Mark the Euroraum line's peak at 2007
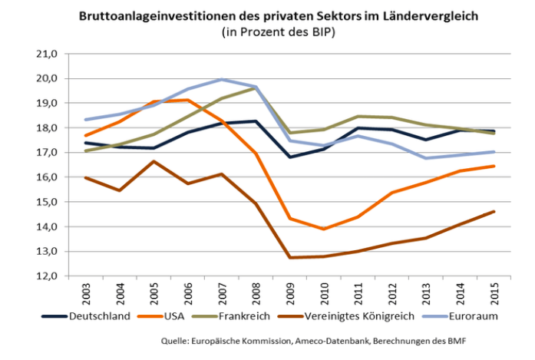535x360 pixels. point(222,79)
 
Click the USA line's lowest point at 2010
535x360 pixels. point(325,229)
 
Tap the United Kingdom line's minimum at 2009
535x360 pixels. point(291,257)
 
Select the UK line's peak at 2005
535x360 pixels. point(154,161)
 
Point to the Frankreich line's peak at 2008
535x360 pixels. point(256,88)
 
